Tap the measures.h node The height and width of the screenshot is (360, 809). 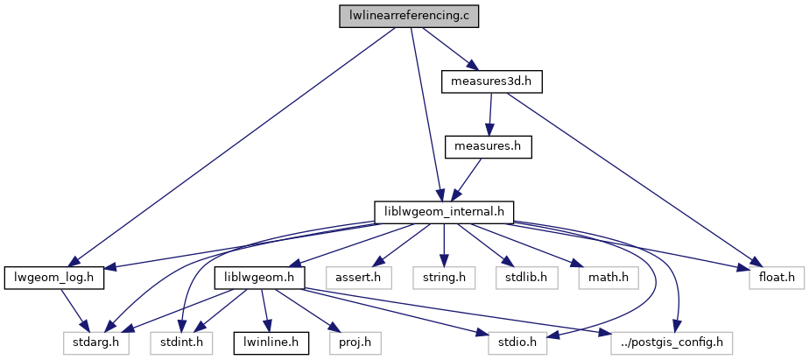click(489, 146)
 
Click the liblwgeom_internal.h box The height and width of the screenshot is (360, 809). click(443, 212)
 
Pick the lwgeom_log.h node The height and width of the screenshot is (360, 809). click(54, 278)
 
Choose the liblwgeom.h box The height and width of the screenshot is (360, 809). click(259, 278)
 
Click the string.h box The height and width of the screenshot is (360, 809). click(444, 278)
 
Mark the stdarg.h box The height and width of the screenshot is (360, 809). click(95, 342)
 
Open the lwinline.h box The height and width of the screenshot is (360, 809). click(271, 342)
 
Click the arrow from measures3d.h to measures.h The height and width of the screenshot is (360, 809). click(490, 114)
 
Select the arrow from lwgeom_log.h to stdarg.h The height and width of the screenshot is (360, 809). click(74, 310)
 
